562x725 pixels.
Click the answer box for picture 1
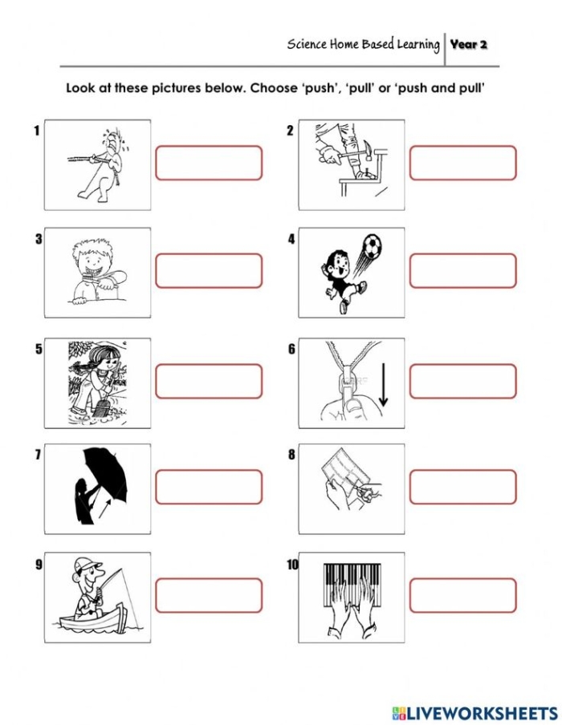click(209, 163)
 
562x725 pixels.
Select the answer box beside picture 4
click(462, 271)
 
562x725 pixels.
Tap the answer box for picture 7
click(209, 487)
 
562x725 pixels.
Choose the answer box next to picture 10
click(462, 595)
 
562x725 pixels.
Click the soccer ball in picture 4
click(372, 244)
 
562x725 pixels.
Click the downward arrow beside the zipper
click(384, 386)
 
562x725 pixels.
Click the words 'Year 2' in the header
click(469, 44)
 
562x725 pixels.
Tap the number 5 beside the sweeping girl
click(38, 349)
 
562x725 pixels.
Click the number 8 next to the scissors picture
click(291, 455)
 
